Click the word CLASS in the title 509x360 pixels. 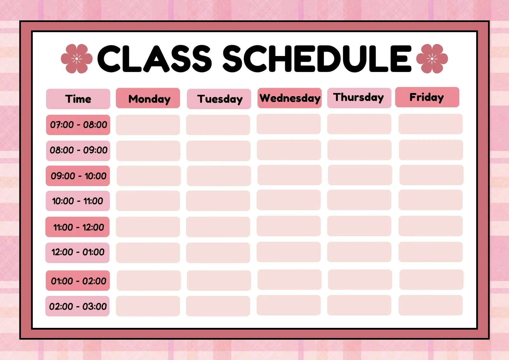(x=155, y=59)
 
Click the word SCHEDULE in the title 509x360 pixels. (x=317, y=59)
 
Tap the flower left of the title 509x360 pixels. (x=77, y=59)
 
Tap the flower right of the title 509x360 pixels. (x=432, y=59)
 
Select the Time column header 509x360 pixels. (x=78, y=99)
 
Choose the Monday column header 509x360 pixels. (x=148, y=98)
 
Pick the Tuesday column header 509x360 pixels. (x=219, y=99)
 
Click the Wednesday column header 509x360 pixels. (x=289, y=98)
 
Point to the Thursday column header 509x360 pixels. (x=359, y=98)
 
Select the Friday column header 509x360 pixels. (x=427, y=97)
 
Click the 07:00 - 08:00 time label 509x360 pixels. (x=78, y=125)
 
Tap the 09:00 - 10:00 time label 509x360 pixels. (x=78, y=176)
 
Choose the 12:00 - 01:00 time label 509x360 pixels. (x=78, y=253)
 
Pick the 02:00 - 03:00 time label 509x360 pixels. (x=78, y=306)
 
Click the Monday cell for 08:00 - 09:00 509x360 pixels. (x=148, y=151)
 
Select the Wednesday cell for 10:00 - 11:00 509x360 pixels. (x=289, y=200)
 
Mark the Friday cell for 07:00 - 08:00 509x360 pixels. (x=431, y=124)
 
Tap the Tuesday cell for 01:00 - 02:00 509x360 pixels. (x=219, y=280)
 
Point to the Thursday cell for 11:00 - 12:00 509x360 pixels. (x=359, y=226)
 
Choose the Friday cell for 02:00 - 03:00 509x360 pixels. (x=431, y=305)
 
